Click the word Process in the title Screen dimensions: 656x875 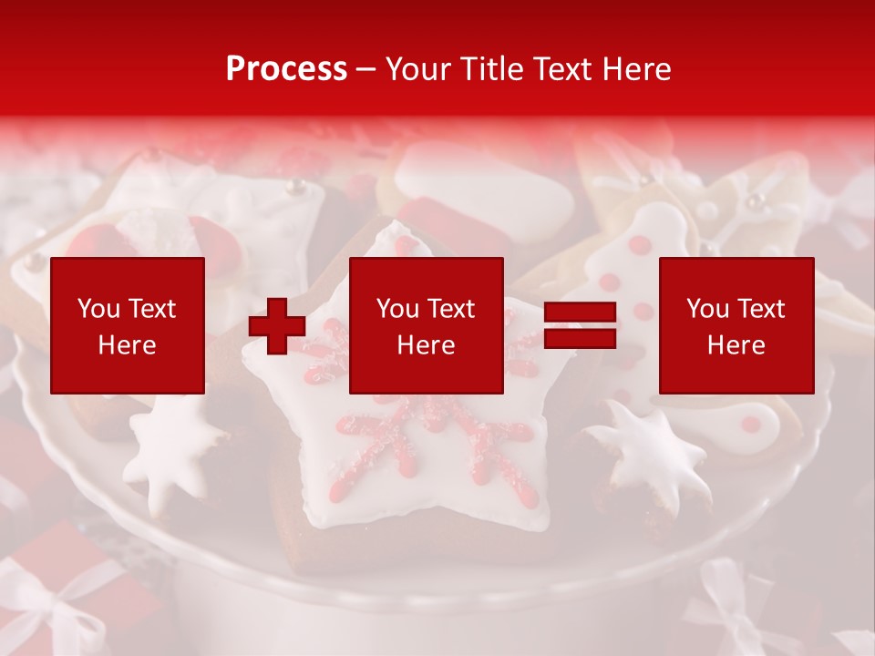click(x=286, y=69)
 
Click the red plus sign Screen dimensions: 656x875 click(x=277, y=326)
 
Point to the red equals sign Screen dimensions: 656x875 click(x=580, y=326)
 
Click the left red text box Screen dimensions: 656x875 click(x=128, y=325)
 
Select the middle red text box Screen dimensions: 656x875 click(x=427, y=325)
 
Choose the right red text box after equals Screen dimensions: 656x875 click(x=736, y=325)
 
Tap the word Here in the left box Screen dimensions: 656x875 click(x=128, y=345)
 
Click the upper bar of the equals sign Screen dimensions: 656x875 click(x=580, y=313)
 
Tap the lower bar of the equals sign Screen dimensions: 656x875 click(x=580, y=339)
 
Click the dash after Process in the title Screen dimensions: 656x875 click(x=366, y=70)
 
